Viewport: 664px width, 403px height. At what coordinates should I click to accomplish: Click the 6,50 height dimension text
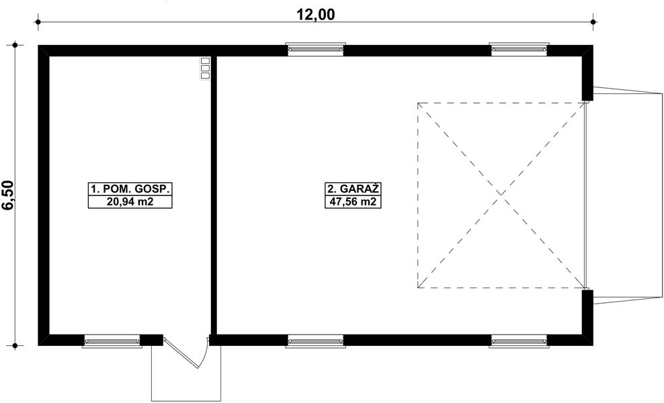tap(9, 195)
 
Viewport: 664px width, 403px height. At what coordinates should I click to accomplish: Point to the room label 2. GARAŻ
tap(349, 189)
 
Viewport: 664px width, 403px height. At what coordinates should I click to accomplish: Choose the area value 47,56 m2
tap(349, 202)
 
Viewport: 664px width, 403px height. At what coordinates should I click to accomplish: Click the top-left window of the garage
tap(316, 50)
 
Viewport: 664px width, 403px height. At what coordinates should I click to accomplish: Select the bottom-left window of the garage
tap(316, 341)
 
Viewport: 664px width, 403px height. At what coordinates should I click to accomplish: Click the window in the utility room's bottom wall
tap(112, 341)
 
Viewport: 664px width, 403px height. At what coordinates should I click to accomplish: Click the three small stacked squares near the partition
tap(206, 69)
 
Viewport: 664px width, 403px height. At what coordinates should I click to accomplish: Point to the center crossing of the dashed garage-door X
tap(501, 195)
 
